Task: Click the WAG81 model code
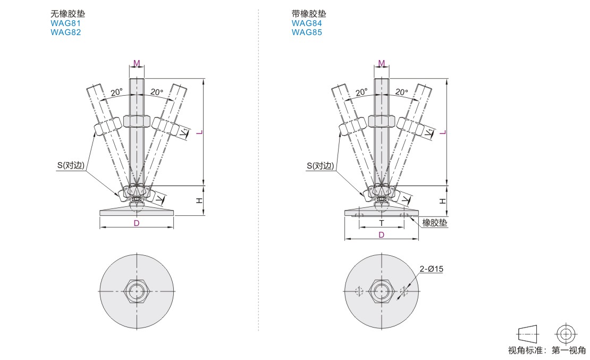[65, 23]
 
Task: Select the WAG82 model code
[65, 32]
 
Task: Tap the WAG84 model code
[307, 23]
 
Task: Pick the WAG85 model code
[307, 32]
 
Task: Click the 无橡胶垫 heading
[68, 14]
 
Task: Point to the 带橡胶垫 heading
[309, 14]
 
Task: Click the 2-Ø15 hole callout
[431, 269]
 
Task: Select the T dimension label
[382, 223]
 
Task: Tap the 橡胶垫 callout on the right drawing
[435, 223]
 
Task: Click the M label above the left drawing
[137, 63]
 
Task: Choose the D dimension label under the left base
[137, 223]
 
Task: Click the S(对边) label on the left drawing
[71, 165]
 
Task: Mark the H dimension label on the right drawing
[443, 201]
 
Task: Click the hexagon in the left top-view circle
[137, 291]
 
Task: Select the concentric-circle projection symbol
[566, 334]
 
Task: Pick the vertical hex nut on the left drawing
[137, 121]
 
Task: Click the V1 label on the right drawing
[429, 132]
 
